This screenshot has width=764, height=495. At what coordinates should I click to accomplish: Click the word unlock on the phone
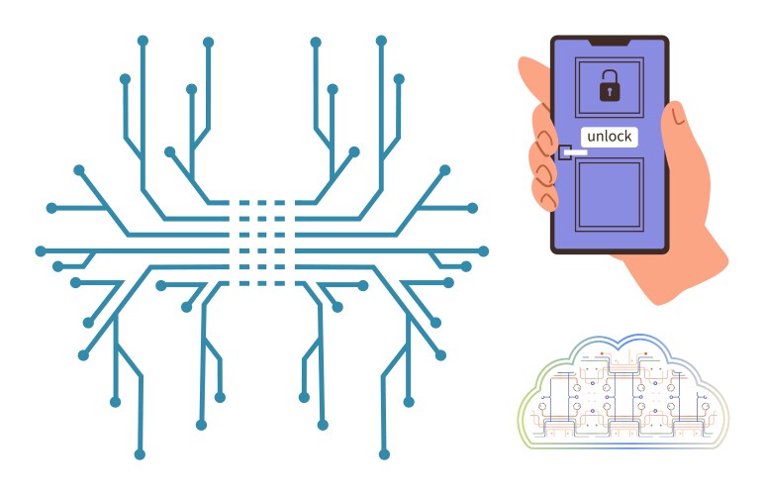[x=609, y=136]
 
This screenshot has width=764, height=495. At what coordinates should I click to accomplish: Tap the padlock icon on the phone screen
[x=609, y=86]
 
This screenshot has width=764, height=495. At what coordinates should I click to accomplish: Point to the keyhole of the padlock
[x=609, y=91]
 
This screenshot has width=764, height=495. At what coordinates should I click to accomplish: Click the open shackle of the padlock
[x=609, y=76]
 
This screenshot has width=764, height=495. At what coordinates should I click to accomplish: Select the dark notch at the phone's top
[x=609, y=44]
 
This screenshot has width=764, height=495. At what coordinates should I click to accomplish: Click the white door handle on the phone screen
[x=575, y=153]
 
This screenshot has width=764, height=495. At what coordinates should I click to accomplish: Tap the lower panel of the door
[x=609, y=194]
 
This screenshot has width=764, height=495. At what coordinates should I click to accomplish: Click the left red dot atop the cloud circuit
[x=603, y=353]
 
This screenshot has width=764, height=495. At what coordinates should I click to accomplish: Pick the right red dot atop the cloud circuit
[x=645, y=353]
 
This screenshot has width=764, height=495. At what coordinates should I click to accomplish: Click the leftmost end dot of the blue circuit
[x=41, y=251]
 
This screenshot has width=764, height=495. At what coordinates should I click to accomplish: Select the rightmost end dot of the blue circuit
[x=483, y=251]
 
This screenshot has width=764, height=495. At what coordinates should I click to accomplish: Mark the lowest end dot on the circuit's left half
[x=140, y=454]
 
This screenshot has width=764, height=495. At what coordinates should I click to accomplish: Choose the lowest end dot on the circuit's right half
[x=384, y=454]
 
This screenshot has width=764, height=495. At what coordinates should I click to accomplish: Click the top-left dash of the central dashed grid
[x=244, y=202]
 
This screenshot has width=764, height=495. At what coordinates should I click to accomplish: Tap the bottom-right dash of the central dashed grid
[x=279, y=283]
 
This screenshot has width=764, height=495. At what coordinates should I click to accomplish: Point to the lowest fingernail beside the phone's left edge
[x=549, y=200]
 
